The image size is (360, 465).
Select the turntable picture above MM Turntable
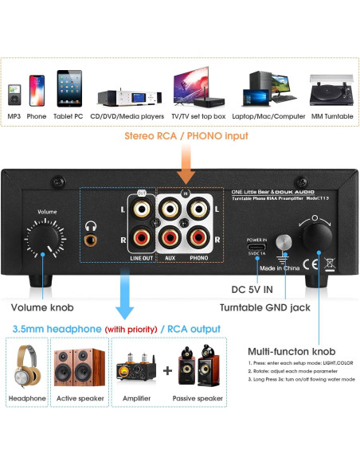[328, 89]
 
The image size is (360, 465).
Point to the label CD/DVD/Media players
[127, 117]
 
